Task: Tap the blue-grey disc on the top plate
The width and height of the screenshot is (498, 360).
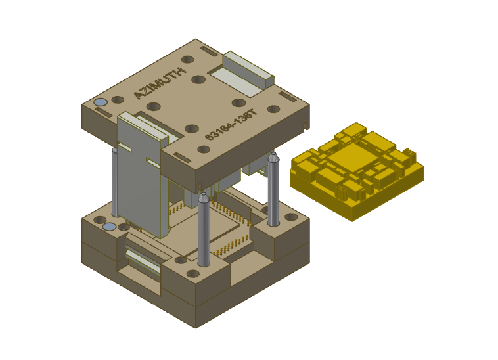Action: click(101, 103)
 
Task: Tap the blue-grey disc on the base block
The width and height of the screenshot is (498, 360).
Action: click(110, 227)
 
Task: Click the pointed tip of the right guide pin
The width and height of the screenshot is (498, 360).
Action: click(273, 156)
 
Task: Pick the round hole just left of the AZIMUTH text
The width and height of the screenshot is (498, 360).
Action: click(118, 100)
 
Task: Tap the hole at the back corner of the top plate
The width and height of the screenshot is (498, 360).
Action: click(188, 59)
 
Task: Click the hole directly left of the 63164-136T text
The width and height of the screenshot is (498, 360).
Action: click(191, 129)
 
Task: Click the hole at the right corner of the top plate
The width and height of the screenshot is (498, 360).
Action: click(273, 110)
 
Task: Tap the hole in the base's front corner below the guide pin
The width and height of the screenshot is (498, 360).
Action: click(192, 273)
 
